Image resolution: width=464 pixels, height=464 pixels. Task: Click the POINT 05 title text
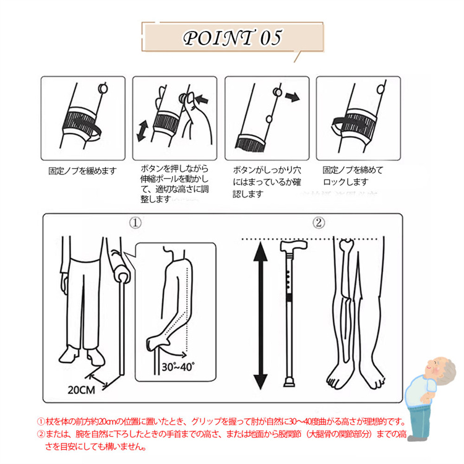pyautogui.click(x=232, y=38)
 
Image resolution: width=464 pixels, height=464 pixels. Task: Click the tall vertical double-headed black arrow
pyautogui.click(x=260, y=315)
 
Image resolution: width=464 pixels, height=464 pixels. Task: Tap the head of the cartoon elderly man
pyautogui.click(x=423, y=367)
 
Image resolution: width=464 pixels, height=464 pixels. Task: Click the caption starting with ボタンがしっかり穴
pyautogui.click(x=262, y=181)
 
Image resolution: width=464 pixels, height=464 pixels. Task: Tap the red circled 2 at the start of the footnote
pyautogui.click(x=41, y=434)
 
